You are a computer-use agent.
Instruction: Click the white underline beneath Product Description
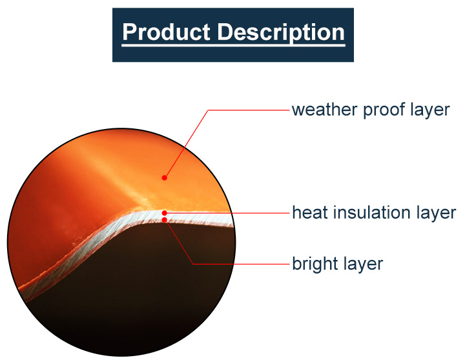[233, 45]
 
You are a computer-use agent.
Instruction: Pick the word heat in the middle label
[309, 212]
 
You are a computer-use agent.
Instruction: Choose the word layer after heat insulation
[437, 212]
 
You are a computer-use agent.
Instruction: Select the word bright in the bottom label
[313, 264]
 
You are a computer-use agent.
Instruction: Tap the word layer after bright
[364, 264]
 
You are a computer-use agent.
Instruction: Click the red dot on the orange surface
[165, 177]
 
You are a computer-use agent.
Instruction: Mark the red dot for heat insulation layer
[165, 212]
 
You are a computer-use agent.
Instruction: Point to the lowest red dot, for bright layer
[165, 220]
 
